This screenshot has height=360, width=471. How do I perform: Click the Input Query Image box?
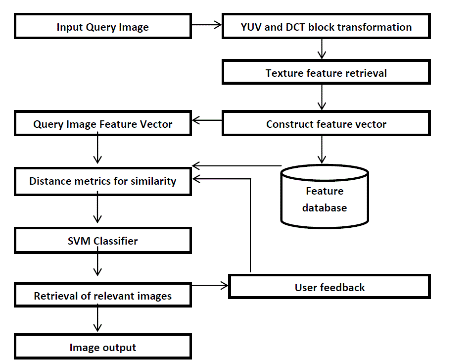tap(102, 27)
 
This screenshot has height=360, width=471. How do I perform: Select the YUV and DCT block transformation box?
tap(326, 27)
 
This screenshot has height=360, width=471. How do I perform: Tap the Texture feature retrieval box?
tap(326, 73)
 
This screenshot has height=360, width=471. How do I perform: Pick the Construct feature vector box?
tap(326, 124)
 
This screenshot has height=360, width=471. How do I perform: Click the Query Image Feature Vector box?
tap(102, 124)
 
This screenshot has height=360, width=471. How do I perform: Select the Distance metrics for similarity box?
tap(102, 181)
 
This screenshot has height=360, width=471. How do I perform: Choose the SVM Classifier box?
tap(102, 241)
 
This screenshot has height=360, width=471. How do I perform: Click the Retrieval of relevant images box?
tap(102, 296)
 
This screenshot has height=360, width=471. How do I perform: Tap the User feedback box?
tap(330, 287)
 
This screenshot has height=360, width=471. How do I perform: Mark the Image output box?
tap(102, 348)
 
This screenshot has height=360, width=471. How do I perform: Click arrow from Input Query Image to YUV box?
tap(206, 24)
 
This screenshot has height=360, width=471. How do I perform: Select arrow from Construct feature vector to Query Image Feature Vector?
tap(207, 120)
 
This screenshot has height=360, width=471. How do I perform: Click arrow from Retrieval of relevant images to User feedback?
tap(210, 285)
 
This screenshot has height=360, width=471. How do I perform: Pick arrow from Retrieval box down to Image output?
tap(97, 319)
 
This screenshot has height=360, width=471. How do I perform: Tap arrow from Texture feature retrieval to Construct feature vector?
tap(322, 97)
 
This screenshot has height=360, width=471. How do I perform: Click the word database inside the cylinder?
tap(325, 207)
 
